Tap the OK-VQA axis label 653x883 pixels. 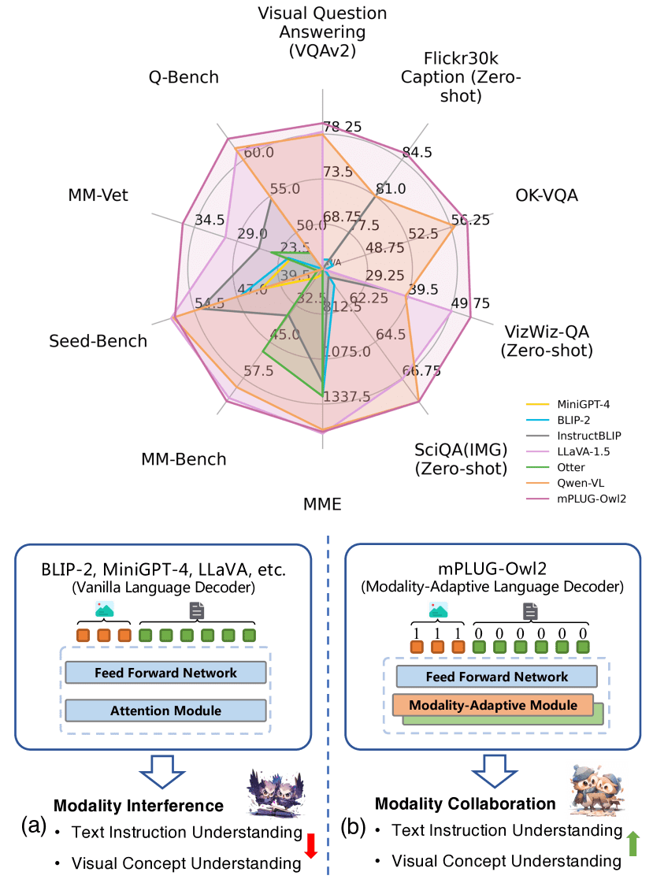(x=547, y=195)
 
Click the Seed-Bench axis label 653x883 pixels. (x=98, y=341)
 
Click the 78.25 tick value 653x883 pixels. (x=341, y=127)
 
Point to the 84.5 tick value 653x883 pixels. (x=417, y=152)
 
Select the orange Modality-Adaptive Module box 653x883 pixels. (x=492, y=705)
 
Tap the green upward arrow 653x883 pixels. (x=633, y=846)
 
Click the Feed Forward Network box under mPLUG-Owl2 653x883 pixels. (x=496, y=677)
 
